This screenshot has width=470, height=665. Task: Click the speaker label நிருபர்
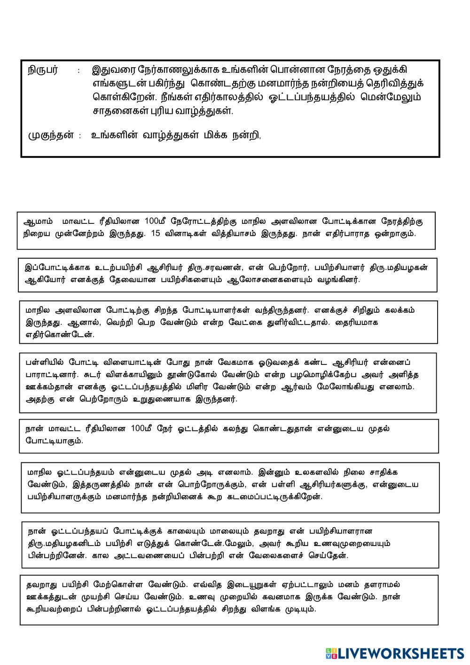coord(42,71)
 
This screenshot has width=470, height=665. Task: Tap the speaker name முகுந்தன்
coord(51,135)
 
